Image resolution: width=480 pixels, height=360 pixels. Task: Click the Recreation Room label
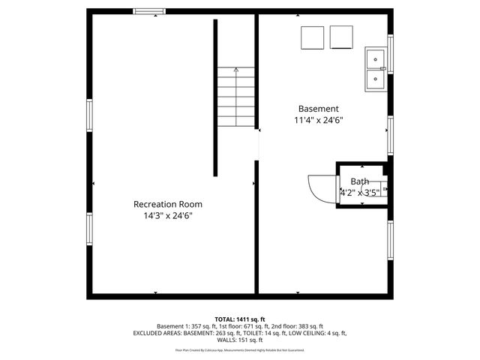point(167,204)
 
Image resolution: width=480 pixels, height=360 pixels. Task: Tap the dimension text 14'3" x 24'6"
point(167,216)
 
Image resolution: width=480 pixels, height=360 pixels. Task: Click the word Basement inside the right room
point(318,108)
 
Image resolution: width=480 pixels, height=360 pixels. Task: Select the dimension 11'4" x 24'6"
point(318,120)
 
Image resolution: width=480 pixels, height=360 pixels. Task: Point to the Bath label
point(359,181)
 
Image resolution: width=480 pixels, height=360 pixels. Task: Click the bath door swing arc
point(321,187)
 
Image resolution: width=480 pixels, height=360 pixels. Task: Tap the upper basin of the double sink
point(374,58)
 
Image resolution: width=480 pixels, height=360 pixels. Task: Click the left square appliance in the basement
point(312,37)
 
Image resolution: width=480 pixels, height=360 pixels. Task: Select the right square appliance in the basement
point(341,37)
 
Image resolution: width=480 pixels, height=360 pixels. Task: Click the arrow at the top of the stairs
point(237,70)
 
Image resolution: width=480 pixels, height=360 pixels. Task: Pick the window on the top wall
point(150,11)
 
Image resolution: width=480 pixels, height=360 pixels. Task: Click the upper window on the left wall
point(89,115)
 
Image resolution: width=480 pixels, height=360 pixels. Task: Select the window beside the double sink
point(390,53)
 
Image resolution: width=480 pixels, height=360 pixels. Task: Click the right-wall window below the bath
point(390,240)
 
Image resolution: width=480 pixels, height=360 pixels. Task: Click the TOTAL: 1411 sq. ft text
point(240,319)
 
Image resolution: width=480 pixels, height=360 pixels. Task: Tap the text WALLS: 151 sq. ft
point(240,340)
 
